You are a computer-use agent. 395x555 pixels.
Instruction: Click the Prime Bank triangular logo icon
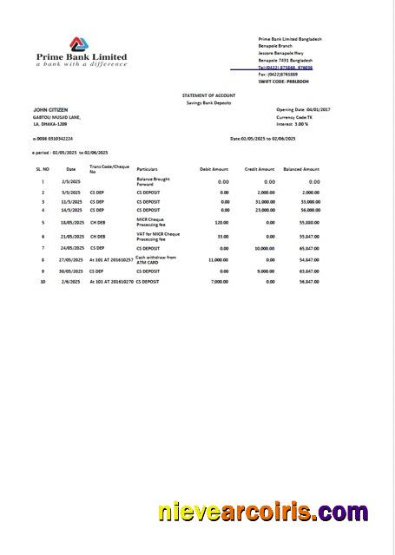coord(80,42)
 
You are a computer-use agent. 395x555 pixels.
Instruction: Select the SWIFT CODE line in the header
coord(285,81)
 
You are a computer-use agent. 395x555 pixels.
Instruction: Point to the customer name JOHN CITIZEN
coord(50,110)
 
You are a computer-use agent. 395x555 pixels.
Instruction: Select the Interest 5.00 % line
coord(292,124)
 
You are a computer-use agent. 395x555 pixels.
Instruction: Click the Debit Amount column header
coord(214,169)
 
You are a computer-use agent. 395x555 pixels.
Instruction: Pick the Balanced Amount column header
coord(301,169)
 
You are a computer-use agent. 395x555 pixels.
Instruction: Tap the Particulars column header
coord(148,169)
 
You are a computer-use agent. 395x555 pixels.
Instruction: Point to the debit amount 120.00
coord(221,223)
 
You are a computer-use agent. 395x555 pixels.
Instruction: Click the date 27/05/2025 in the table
coord(70,259)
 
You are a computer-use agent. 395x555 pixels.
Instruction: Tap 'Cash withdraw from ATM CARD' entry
coord(156,259)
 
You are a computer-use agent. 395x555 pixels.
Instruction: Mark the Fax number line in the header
coord(284,74)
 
